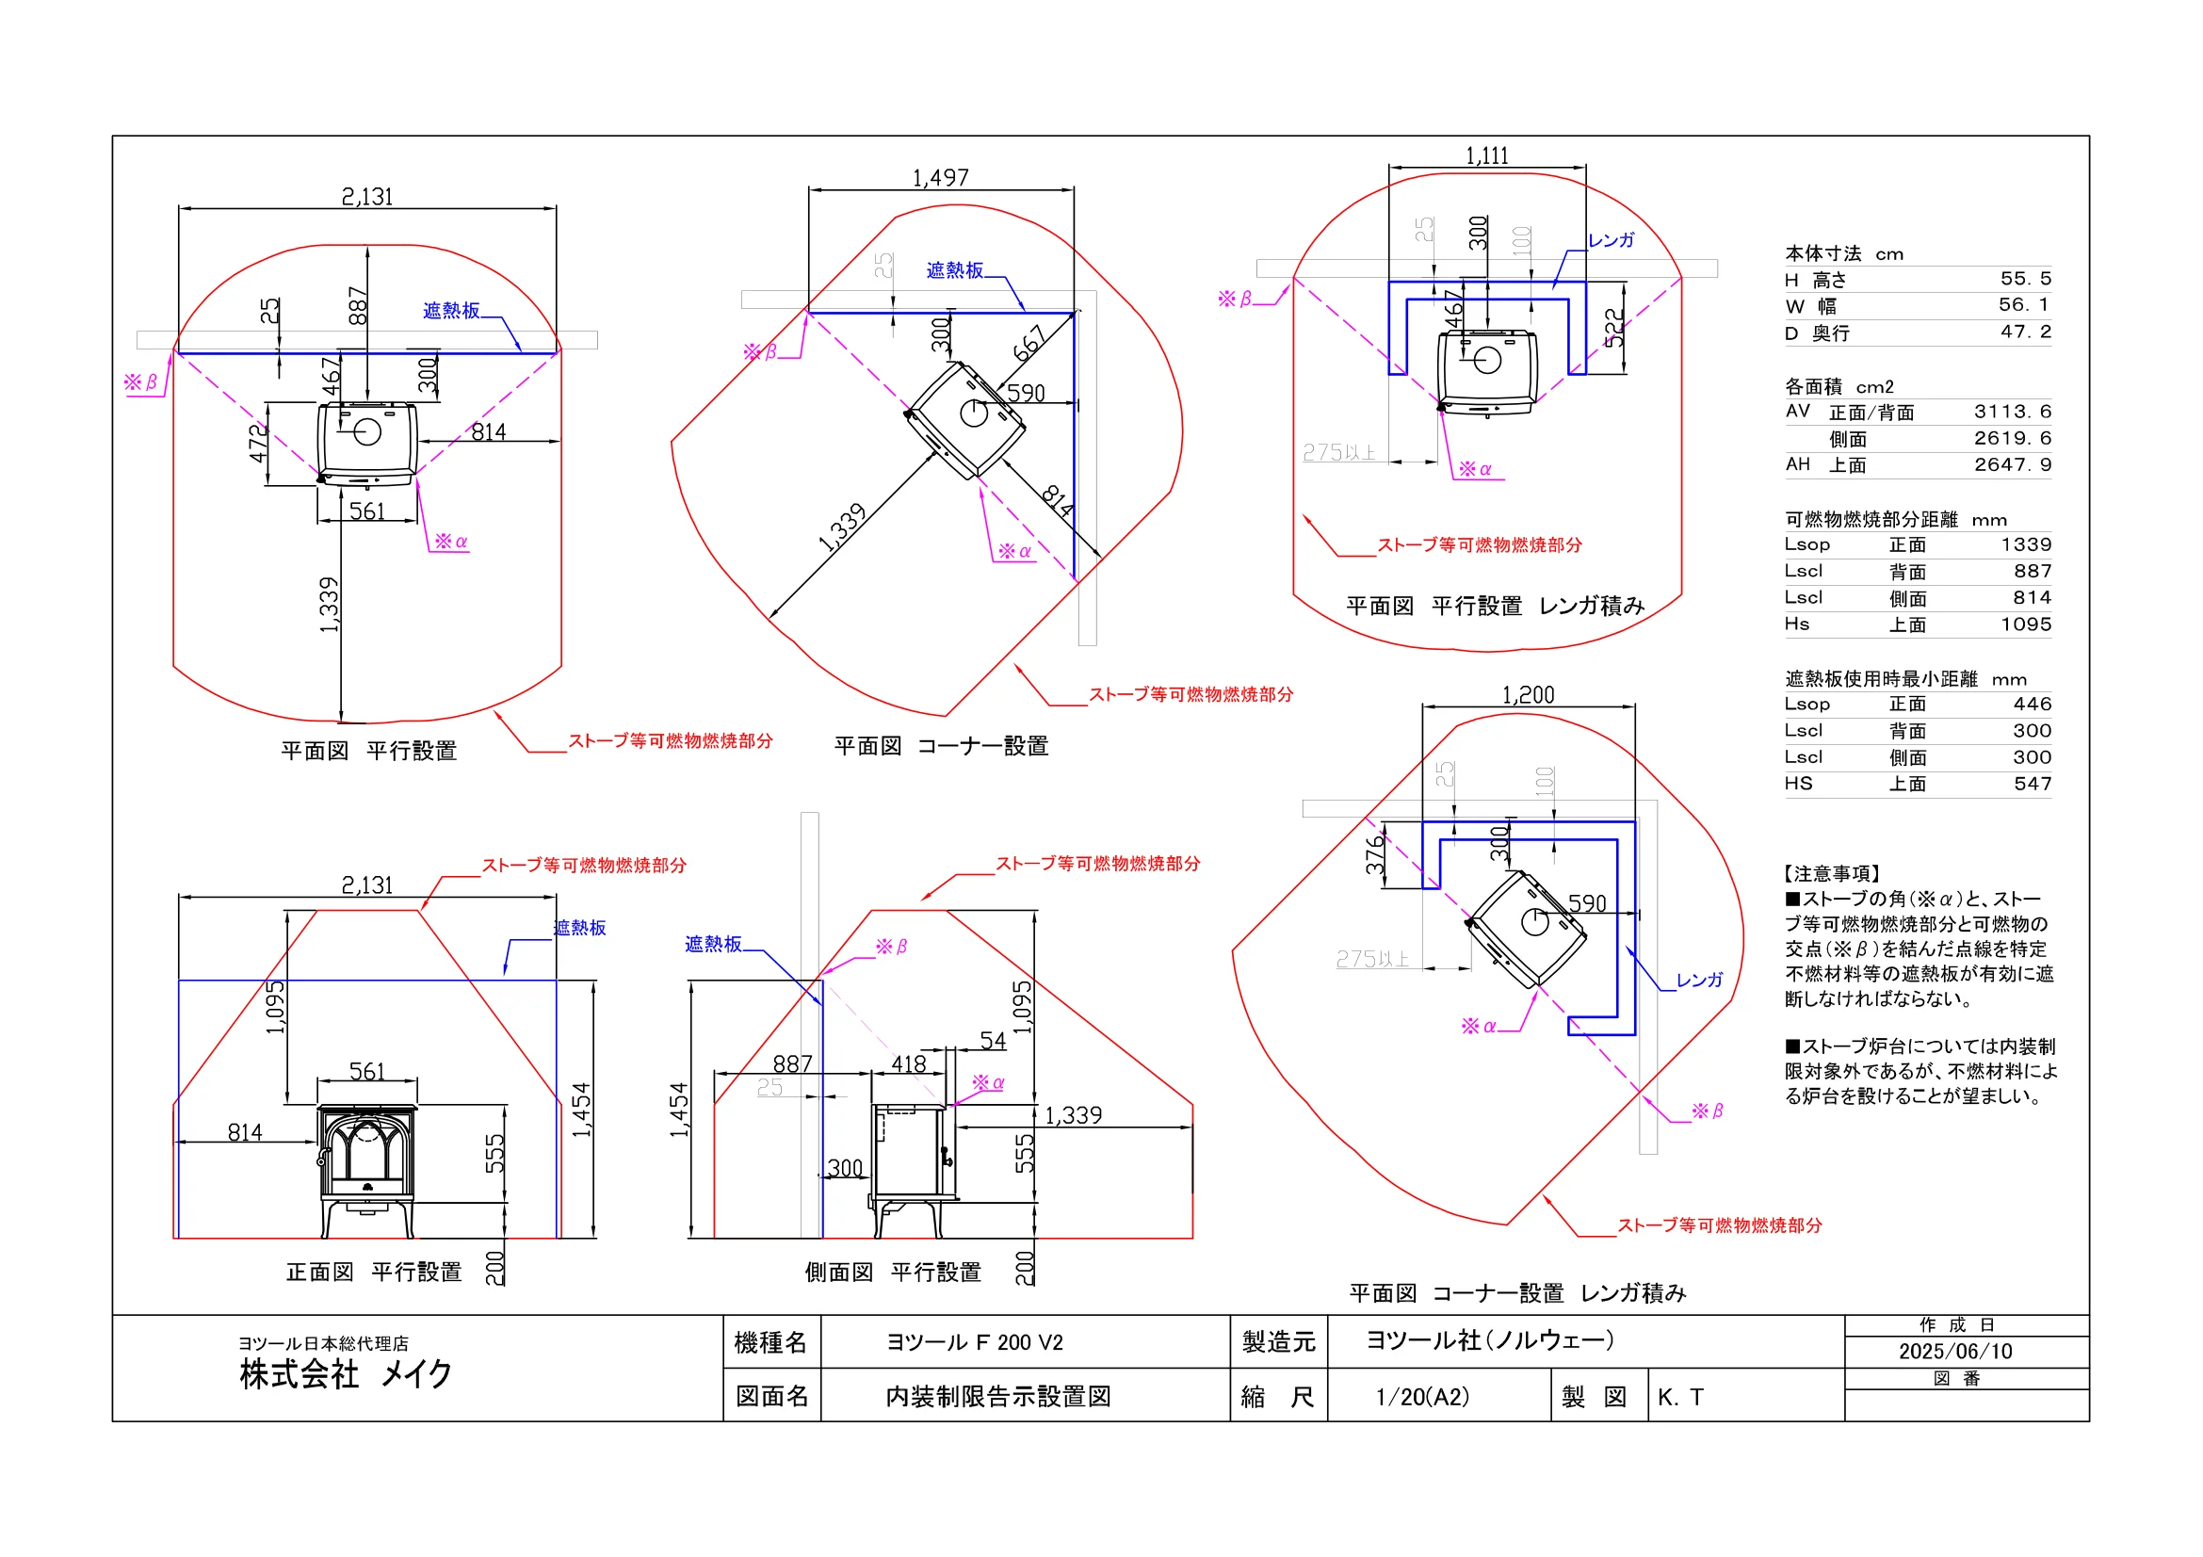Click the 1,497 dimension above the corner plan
click(x=940, y=177)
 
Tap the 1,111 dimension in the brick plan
click(x=1486, y=155)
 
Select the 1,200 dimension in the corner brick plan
click(x=1528, y=694)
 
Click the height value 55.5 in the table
click(x=2026, y=278)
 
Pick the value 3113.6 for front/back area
click(x=2012, y=411)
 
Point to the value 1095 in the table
click(x=2026, y=624)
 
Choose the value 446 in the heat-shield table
click(x=2033, y=704)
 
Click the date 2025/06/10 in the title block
click(x=1954, y=1351)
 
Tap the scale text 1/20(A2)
click(x=1422, y=1397)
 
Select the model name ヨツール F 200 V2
click(x=974, y=1342)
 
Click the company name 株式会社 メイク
click(x=346, y=1373)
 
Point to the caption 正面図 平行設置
click(x=373, y=1273)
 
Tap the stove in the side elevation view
click(x=914, y=1171)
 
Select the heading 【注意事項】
click(x=1831, y=873)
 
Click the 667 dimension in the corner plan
click(x=1029, y=345)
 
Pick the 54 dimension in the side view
click(x=993, y=1040)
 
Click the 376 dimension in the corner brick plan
click(x=1375, y=853)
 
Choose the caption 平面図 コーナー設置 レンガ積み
click(x=1517, y=1293)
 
